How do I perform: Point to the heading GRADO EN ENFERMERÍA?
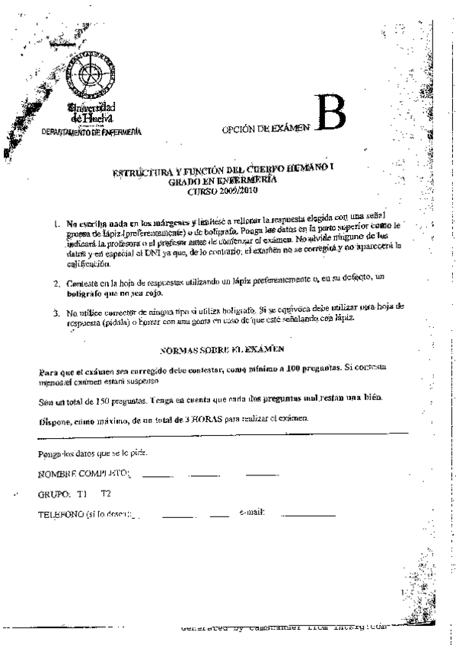(223, 182)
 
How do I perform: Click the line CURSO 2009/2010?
(223, 191)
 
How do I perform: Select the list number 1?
(57, 225)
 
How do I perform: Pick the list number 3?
(57, 312)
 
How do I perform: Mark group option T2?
(106, 494)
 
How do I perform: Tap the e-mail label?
(251, 513)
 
